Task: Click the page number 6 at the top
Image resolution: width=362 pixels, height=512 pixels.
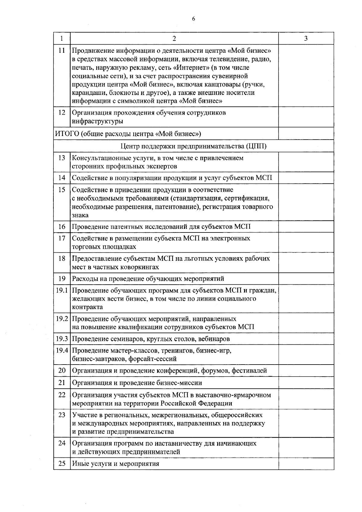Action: point(193,19)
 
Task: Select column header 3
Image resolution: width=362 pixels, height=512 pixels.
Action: point(306,38)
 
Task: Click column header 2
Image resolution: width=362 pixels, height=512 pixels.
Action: point(174,38)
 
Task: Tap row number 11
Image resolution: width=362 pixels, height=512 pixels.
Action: point(62,50)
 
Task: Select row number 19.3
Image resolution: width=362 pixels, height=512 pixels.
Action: point(62,339)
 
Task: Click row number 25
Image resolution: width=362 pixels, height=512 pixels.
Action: point(62,463)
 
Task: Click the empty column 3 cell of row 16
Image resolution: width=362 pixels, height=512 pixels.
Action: point(306,226)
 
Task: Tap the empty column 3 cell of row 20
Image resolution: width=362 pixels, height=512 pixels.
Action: point(306,371)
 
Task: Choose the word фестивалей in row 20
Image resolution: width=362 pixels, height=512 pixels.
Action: point(249,371)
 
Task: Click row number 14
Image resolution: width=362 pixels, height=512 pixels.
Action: point(62,178)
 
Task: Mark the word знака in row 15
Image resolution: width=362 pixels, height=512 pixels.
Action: point(80,215)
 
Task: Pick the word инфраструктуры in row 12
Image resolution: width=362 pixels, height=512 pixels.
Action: point(97,121)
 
